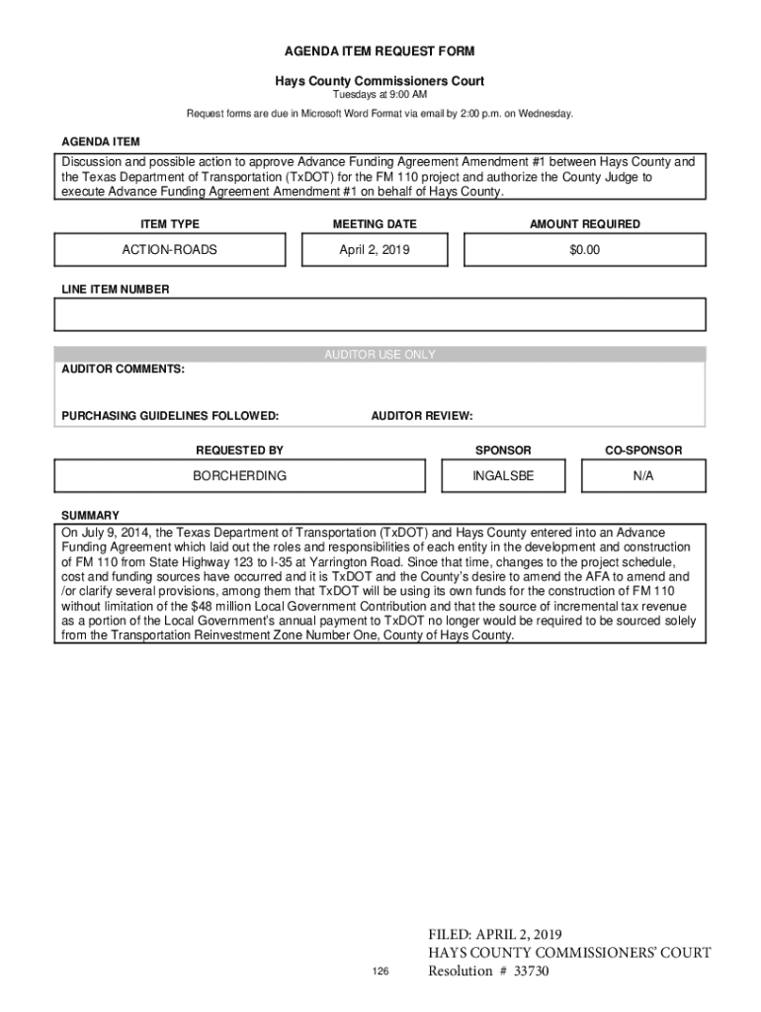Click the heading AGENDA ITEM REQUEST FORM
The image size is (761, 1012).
point(380,50)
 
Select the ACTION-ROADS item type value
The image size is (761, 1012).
point(169,251)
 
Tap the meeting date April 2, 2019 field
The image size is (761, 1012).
point(375,251)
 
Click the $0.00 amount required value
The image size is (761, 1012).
point(584,251)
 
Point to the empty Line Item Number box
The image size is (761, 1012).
point(380,314)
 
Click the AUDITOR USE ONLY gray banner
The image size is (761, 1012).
point(380,355)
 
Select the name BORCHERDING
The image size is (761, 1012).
point(239,476)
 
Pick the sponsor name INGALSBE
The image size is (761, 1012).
point(503,476)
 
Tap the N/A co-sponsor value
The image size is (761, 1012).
point(643,476)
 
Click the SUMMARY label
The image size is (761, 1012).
point(90,516)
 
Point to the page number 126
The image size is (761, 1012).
point(380,972)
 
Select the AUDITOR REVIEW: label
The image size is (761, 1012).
point(422,416)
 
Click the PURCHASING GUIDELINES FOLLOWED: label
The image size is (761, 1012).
point(170,416)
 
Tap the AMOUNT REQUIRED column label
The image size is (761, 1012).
point(584,224)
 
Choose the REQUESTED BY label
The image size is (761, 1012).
point(239,451)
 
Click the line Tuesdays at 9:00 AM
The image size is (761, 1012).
point(380,95)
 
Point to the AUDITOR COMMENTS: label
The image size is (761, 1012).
point(123,369)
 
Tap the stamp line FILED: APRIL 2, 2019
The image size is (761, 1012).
point(494,935)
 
